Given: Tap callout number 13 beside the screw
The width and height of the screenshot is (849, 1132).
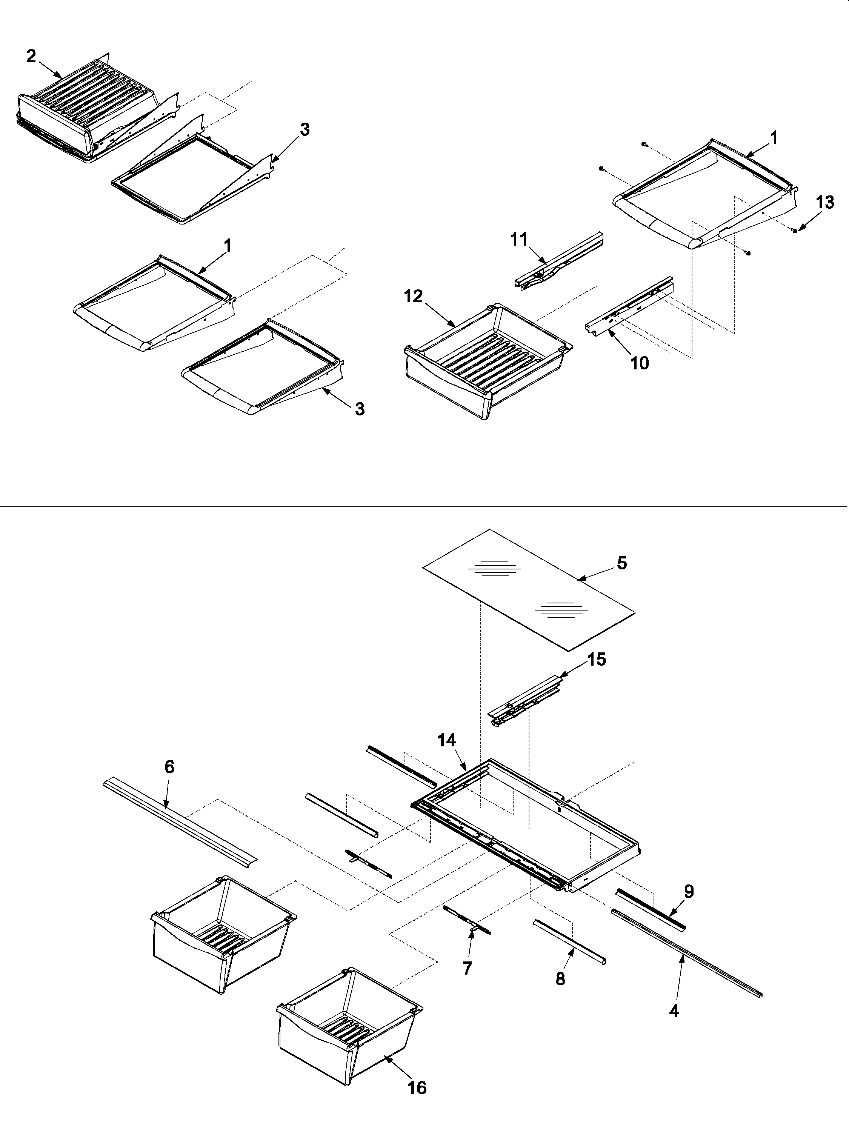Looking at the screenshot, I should click(x=824, y=203).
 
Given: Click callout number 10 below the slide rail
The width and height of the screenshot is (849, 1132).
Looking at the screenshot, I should click(x=640, y=363).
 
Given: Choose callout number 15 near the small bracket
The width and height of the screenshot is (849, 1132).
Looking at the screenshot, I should click(x=596, y=660).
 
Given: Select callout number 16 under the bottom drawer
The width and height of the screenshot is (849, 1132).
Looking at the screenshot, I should click(x=417, y=1098).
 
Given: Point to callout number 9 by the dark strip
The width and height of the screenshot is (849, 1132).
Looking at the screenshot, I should click(x=689, y=892).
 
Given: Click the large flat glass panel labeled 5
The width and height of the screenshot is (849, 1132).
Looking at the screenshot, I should click(x=527, y=589).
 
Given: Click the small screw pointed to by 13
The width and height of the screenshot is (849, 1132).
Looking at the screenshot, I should click(x=795, y=231).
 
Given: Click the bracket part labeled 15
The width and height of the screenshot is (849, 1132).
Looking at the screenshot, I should click(x=524, y=698).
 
